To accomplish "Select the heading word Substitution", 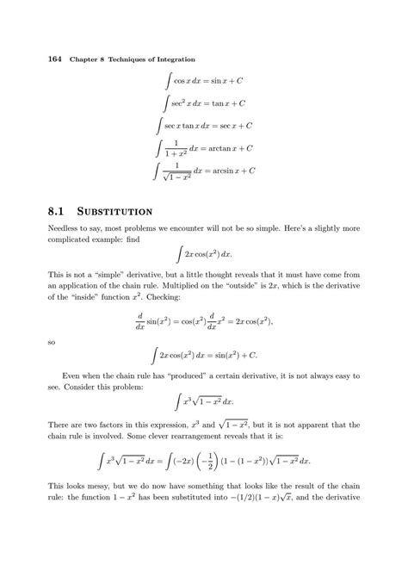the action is pos(116,209).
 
